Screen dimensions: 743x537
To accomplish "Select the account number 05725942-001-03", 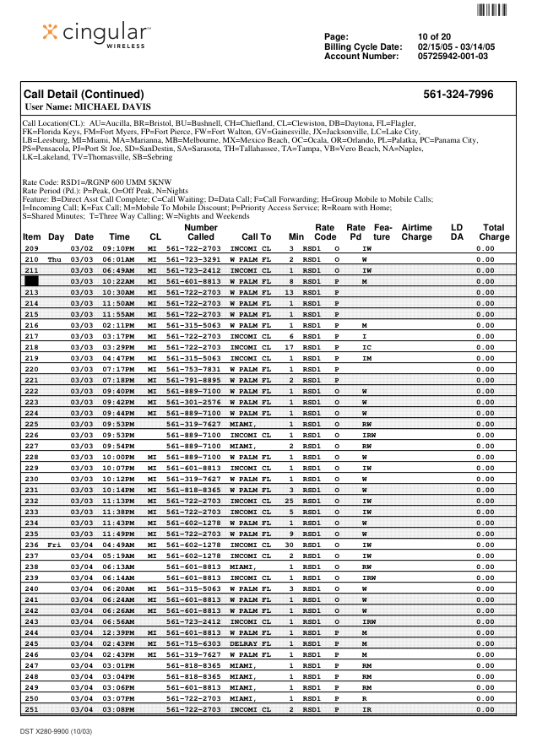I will point(453,57).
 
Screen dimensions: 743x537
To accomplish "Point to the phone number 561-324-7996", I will point(458,95).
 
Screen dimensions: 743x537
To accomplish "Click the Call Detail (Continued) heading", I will point(84,95).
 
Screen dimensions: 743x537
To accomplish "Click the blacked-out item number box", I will point(31,280).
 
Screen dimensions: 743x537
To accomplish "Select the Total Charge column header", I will point(494,233).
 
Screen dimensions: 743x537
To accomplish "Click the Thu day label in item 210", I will point(56,259).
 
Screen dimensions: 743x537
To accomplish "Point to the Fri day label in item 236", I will point(56,545).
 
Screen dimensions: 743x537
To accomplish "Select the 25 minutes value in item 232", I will point(290,501).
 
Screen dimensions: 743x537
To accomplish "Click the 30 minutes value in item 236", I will point(290,545).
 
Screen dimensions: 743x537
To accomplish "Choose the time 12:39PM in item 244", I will point(119,632).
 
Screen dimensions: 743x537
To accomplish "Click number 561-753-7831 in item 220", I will point(193,369).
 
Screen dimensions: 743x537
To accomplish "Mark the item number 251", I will point(32,709).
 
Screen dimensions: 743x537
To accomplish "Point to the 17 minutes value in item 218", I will point(290,347).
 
